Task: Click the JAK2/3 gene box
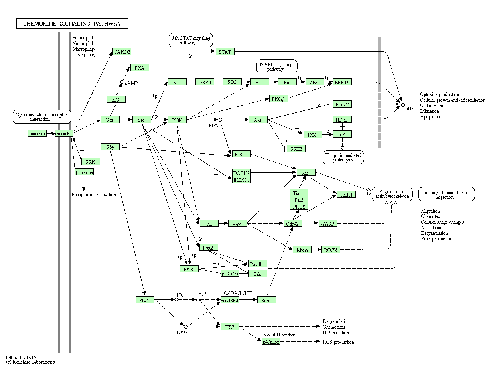click(x=122, y=52)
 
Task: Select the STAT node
click(x=225, y=51)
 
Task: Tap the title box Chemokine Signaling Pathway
click(x=72, y=24)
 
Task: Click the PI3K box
click(x=177, y=120)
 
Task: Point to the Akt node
click(x=258, y=120)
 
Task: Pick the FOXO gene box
click(x=342, y=104)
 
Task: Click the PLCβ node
click(x=144, y=300)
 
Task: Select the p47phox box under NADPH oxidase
click(x=271, y=342)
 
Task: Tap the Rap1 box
click(x=266, y=300)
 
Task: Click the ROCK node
click(x=331, y=250)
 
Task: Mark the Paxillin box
click(x=258, y=264)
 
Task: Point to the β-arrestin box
click(x=84, y=172)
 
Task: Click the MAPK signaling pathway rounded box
click(x=277, y=67)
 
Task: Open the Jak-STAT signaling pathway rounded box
click(x=191, y=40)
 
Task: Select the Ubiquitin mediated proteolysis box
click(x=343, y=157)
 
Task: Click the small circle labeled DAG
click(x=185, y=327)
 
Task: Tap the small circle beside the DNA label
click(x=402, y=105)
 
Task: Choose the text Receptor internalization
click(x=94, y=195)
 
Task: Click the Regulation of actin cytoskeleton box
click(x=392, y=194)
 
